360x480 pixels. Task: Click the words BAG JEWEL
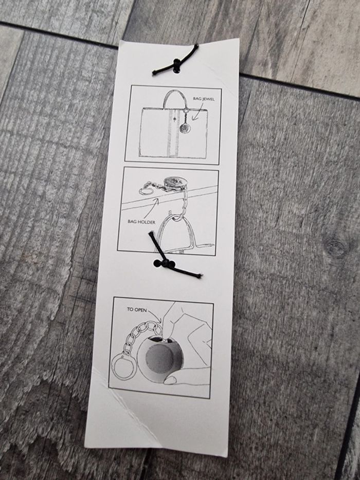pyautogui.click(x=203, y=99)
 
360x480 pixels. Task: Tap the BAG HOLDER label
pyautogui.click(x=141, y=222)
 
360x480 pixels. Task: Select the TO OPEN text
pyautogui.click(x=137, y=310)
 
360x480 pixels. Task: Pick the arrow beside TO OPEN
pyautogui.click(x=155, y=315)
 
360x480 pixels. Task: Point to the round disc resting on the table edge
pyautogui.click(x=173, y=183)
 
